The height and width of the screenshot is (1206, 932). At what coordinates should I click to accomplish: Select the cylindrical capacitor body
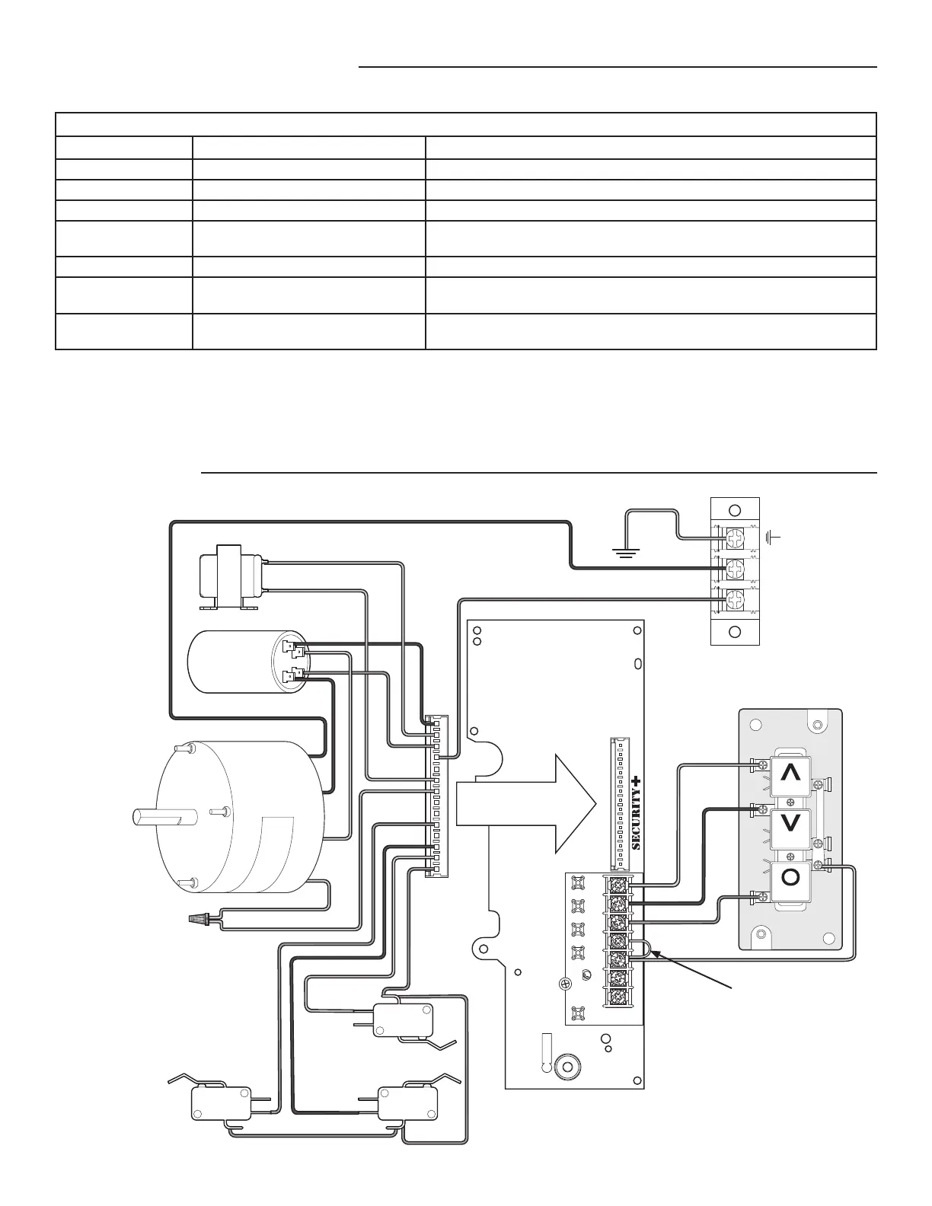pos(236,662)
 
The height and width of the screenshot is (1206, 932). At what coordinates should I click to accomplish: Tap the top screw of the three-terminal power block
pos(735,539)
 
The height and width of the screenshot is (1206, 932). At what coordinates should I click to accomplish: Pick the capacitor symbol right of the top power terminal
pos(774,538)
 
